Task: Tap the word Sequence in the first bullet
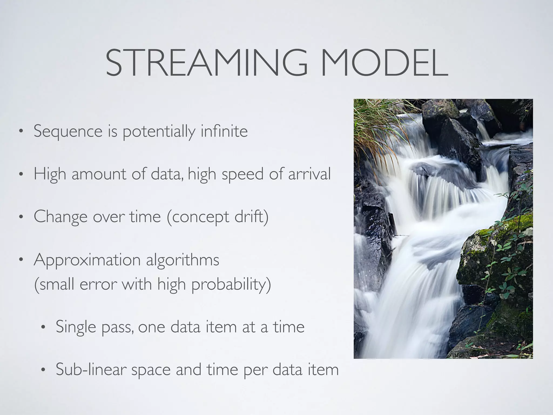tap(68, 132)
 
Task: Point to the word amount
tap(99, 174)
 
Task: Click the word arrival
tap(309, 174)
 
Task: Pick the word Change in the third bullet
tap(60, 217)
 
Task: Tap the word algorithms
tap(183, 260)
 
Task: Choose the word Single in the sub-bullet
tap(76, 327)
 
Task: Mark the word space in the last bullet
tap(151, 370)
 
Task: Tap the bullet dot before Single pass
tap(43, 327)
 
